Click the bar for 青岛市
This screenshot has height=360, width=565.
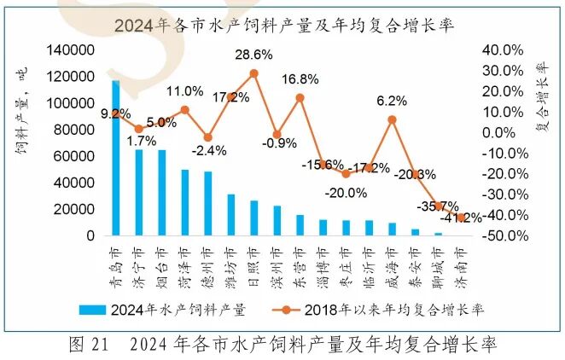pyautogui.click(x=115, y=158)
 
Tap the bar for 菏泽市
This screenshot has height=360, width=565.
pyautogui.click(x=184, y=202)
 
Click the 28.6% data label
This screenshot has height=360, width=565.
pyautogui.click(x=253, y=55)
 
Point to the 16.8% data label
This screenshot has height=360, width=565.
pyautogui.click(x=300, y=79)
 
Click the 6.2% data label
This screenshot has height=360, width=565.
pyautogui.click(x=391, y=101)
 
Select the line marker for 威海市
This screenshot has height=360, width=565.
pyautogui.click(x=392, y=119)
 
